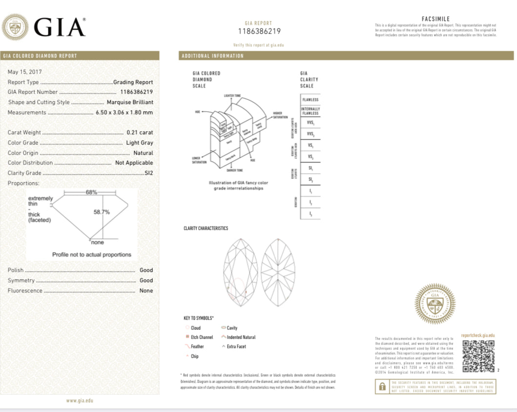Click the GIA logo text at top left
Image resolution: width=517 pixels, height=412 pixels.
tap(59, 27)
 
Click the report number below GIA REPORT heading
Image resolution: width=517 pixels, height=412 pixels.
tap(259, 32)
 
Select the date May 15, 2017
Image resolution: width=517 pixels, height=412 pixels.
tap(24, 72)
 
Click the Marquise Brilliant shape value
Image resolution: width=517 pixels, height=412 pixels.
tap(130, 102)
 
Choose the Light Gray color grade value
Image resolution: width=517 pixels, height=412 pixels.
tap(140, 143)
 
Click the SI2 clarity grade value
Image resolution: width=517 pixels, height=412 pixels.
tap(148, 173)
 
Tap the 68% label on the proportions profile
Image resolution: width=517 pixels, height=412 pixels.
tap(91, 192)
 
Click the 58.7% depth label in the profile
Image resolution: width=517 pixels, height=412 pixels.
tap(102, 212)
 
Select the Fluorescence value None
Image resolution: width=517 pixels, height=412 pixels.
tap(146, 290)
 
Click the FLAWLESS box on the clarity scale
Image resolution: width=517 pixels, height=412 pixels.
tap(310, 100)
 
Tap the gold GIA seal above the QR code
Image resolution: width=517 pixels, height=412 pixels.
tap(435, 304)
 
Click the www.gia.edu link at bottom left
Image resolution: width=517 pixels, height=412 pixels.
tap(80, 400)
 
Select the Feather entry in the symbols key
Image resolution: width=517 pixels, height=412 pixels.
tap(197, 347)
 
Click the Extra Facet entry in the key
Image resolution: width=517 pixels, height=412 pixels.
tap(236, 347)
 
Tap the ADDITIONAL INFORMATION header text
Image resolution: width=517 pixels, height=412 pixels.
tap(212, 56)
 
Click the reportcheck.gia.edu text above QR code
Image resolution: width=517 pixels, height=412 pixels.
tap(478, 335)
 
